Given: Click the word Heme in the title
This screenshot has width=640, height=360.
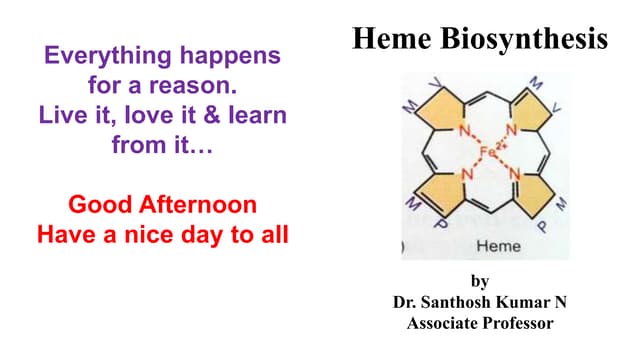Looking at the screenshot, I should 393,40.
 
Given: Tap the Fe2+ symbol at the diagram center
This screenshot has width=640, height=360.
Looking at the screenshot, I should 492,153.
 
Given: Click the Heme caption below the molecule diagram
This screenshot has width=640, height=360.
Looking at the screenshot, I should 497,245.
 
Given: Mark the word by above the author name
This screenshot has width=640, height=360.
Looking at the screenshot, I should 480,281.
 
